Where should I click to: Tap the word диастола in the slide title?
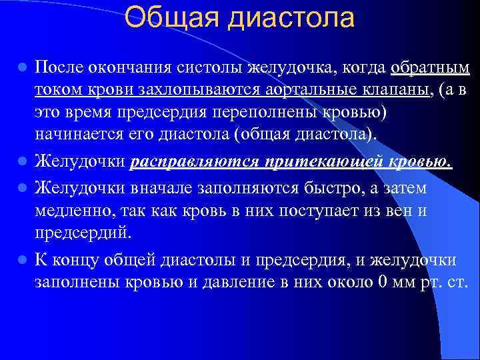point(291,18)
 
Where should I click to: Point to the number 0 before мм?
point(382,282)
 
